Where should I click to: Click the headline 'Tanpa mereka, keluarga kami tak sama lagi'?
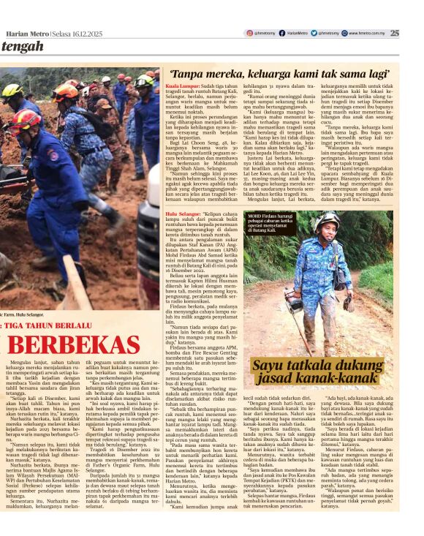pyautogui.click(x=279, y=74)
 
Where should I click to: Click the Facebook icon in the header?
pyautogui.click(x=281, y=33)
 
